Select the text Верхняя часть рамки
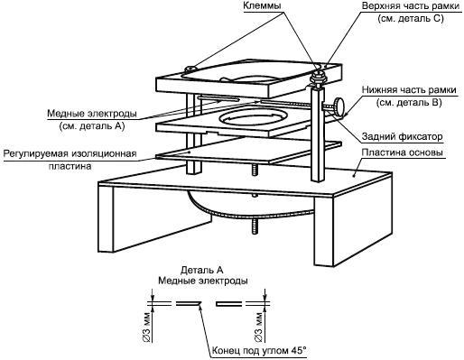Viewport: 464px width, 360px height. [411, 6]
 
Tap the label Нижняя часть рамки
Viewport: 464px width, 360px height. [409, 89]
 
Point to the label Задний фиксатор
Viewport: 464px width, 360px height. [402, 136]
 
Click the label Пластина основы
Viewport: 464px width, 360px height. [402, 152]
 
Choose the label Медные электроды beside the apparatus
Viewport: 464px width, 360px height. [92, 114]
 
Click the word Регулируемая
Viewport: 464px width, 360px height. [36, 153]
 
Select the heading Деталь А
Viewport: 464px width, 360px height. [202, 270]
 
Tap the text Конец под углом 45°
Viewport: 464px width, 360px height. [259, 350]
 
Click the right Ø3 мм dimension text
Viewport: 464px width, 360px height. [258, 327]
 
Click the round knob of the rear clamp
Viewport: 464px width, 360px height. [339, 106]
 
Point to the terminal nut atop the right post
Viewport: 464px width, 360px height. [317, 76]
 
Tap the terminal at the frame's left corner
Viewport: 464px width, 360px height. [190, 69]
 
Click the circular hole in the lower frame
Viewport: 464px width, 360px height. [253, 117]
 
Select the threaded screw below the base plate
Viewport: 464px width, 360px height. [255, 226]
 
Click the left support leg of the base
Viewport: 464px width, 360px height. [155, 217]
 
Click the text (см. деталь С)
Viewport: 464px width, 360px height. [411, 19]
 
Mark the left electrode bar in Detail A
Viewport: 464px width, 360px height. [189, 304]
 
